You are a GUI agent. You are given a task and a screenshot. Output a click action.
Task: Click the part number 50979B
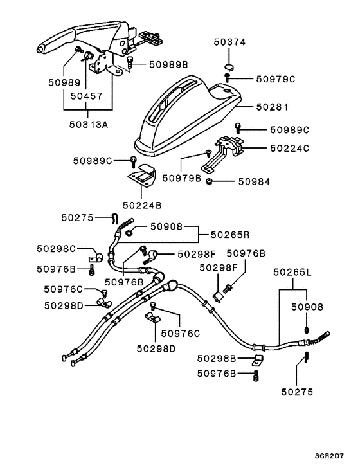(181, 177)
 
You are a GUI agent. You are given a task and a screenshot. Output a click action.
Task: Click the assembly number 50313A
(88, 125)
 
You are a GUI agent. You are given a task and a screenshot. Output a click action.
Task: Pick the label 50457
(87, 96)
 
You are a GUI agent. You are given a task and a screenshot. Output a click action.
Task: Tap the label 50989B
(168, 64)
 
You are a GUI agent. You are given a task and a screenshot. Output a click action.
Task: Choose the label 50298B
(217, 358)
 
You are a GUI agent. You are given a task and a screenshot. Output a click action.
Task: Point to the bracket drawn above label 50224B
(143, 176)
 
